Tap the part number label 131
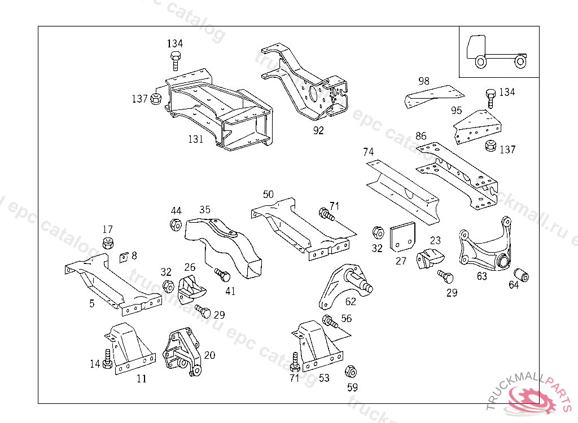(195, 139)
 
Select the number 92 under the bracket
(318, 131)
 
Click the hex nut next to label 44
(176, 225)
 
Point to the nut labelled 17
(108, 244)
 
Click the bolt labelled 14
(107, 359)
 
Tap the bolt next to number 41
(222, 275)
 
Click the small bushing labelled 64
(523, 275)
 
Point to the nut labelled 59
(350, 371)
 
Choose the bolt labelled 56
(329, 322)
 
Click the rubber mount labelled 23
(430, 259)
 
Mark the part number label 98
(424, 81)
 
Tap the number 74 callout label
(368, 152)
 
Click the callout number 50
(268, 195)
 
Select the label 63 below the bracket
(481, 276)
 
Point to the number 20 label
(209, 355)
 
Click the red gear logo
(533, 400)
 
